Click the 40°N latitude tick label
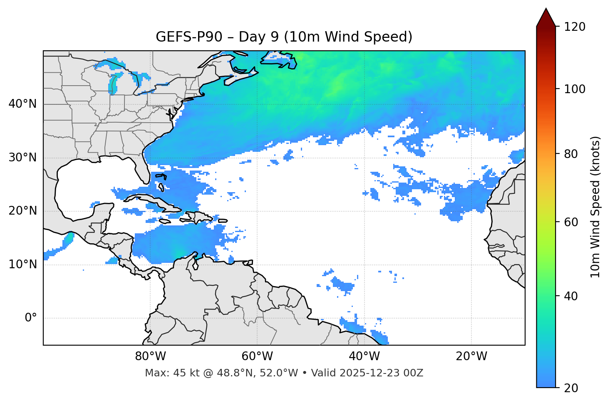point(22,104)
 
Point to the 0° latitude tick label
point(31,318)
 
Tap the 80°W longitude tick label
point(150,356)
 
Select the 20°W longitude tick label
point(471,356)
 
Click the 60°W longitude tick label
point(257,356)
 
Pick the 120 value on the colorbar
point(575,27)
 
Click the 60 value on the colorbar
point(571,222)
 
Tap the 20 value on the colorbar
point(571,388)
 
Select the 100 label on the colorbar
point(575,89)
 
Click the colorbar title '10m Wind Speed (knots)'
point(595,207)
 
